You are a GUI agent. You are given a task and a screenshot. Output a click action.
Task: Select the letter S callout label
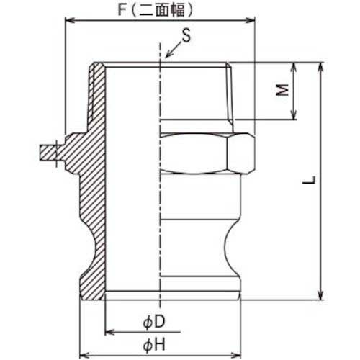186,34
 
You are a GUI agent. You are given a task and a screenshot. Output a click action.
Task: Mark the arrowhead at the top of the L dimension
320,66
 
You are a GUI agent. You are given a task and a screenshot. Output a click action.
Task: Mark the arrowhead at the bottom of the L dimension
320,296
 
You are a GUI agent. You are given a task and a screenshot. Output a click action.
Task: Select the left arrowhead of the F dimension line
69,22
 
